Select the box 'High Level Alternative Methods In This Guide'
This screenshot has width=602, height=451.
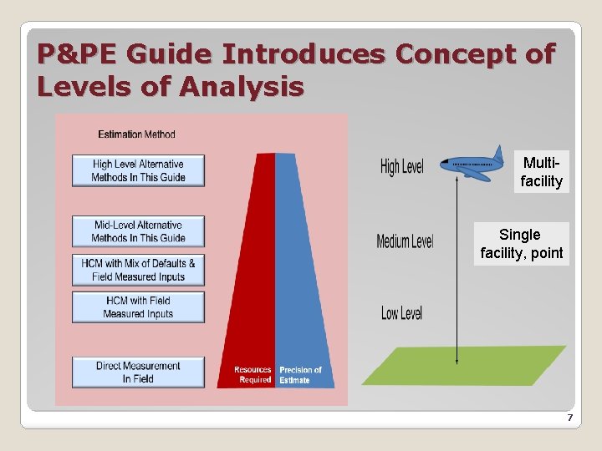pyautogui.click(x=138, y=170)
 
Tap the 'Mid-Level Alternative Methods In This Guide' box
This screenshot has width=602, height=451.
pyautogui.click(x=138, y=231)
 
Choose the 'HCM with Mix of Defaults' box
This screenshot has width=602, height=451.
pyautogui.click(x=138, y=270)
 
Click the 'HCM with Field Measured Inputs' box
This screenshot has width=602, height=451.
pyautogui.click(x=138, y=307)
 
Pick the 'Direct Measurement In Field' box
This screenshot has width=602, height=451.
pyautogui.click(x=138, y=372)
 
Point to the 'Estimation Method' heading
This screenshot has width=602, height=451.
pyautogui.click(x=136, y=134)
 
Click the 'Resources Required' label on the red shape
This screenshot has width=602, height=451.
pyautogui.click(x=253, y=375)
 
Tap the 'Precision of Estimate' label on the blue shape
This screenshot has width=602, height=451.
pyautogui.click(x=300, y=375)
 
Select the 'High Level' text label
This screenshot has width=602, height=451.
pyautogui.click(x=401, y=167)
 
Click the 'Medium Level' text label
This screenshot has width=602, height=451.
pyautogui.click(x=405, y=241)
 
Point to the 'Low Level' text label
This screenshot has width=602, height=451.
pyautogui.click(x=401, y=313)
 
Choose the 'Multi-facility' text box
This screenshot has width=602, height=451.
pyautogui.click(x=541, y=172)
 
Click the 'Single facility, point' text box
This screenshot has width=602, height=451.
pyautogui.click(x=521, y=244)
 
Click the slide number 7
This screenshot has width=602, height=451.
pyautogui.click(x=569, y=418)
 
